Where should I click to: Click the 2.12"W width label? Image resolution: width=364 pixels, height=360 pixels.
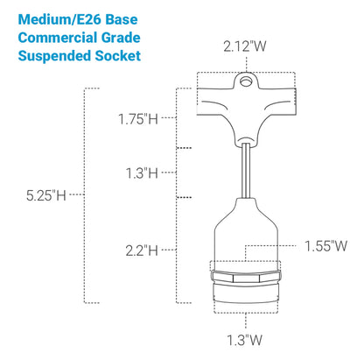point(245,46)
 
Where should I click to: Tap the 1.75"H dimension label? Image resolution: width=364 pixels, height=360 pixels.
point(138,119)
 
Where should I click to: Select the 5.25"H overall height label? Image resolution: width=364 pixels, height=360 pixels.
point(46,195)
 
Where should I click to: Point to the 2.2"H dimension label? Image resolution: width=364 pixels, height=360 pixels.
point(142,251)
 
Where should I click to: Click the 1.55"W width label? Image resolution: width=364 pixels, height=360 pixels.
point(325,246)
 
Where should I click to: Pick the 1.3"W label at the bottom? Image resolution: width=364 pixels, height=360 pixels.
point(245,340)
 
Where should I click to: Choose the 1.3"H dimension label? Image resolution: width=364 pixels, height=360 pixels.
point(142,173)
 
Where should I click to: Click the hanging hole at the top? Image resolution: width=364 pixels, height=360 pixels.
point(246,81)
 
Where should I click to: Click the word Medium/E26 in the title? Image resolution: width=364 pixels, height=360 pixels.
point(59,19)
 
